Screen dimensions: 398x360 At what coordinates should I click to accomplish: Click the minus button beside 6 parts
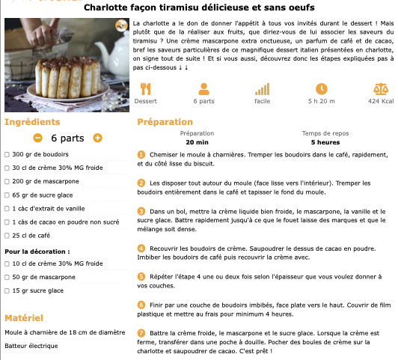[37, 138]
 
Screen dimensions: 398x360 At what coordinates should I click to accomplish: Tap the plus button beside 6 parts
[97, 138]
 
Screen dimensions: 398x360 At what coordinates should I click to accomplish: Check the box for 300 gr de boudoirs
[7, 155]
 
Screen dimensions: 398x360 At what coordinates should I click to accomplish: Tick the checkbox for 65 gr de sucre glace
[7, 195]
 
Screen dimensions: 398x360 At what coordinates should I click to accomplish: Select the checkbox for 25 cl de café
[7, 236]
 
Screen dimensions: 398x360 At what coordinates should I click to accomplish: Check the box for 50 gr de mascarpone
[7, 277]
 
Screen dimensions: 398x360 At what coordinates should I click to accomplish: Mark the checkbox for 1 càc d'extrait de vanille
[7, 209]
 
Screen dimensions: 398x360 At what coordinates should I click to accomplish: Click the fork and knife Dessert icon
[145, 89]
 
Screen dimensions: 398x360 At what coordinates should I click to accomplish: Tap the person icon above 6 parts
[203, 89]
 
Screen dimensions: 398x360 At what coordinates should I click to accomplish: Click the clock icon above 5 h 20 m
[322, 89]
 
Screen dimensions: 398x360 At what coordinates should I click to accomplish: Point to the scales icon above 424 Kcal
[381, 89]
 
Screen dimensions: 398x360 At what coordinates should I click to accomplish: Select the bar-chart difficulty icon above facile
[262, 89]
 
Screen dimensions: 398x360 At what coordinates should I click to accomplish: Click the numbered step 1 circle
[141, 155]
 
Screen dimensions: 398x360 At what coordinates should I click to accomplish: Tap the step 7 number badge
[141, 333]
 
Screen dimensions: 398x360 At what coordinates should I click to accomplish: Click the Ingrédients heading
[32, 122]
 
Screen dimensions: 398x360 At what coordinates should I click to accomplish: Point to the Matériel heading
[24, 318]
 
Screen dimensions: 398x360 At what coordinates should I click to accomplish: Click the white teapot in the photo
[115, 56]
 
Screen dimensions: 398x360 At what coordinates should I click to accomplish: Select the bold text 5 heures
[325, 142]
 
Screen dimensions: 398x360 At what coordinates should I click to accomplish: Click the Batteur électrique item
[31, 346]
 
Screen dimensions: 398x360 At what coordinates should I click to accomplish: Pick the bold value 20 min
[197, 142]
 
